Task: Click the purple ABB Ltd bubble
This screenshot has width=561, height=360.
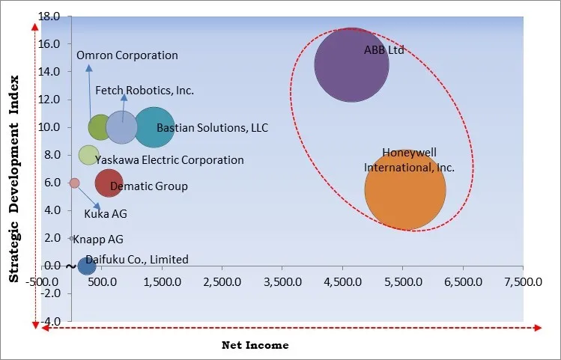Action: pos(351,65)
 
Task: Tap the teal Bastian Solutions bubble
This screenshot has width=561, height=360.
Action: pos(154,127)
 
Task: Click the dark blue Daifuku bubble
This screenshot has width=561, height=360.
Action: pos(87,265)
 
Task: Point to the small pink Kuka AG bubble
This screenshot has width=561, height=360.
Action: pos(74,183)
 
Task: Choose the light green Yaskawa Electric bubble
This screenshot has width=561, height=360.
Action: pos(88,155)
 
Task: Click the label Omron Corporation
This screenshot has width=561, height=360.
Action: pos(127,55)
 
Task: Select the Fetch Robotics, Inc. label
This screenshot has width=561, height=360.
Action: pos(145,91)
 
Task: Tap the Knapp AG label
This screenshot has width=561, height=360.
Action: pos(100,240)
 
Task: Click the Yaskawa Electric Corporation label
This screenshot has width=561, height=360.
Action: pos(169,160)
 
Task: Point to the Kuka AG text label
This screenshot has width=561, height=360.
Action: pos(106,214)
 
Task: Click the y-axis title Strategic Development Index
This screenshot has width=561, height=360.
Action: pos(13,180)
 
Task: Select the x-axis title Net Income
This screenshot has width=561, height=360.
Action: pos(255,345)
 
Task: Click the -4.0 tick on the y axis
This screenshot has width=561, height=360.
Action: pos(51,321)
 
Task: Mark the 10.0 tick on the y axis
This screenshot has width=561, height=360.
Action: pos(50,127)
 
